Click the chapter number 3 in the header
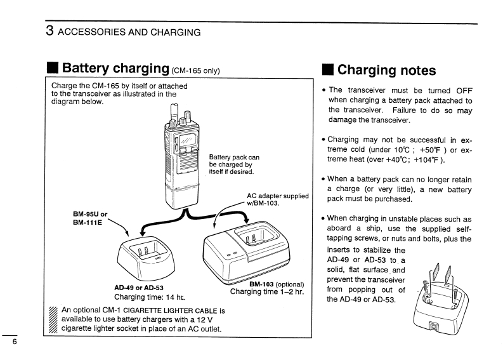coord(48,30)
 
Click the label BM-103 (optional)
coord(277,284)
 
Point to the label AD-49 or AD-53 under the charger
coord(138,287)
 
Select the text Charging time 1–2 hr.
coord(267,291)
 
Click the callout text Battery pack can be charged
coord(234,164)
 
